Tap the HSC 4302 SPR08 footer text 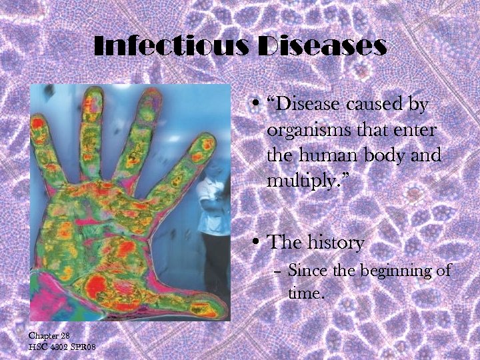tap(62, 347)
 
